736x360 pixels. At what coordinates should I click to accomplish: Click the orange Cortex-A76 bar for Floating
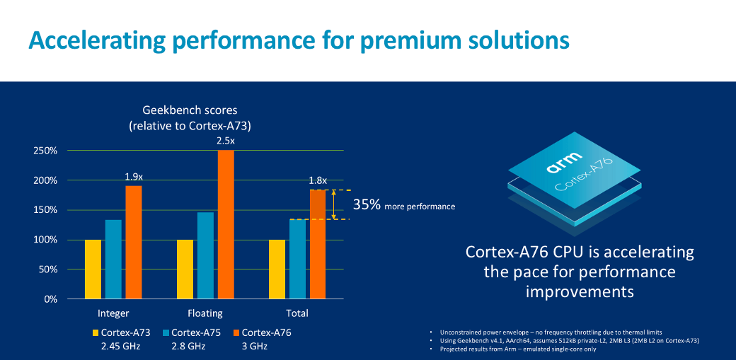226,224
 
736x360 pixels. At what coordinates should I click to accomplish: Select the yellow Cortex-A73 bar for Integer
93,269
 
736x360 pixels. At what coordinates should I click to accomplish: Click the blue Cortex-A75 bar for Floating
205,255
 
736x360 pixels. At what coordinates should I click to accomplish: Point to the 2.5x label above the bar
226,141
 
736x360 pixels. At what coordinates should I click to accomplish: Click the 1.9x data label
134,177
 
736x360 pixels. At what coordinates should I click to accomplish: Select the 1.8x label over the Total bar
317,181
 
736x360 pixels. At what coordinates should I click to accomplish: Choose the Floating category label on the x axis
205,313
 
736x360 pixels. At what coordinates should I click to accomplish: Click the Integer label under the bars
113,313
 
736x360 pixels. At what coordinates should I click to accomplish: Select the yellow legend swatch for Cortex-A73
95,332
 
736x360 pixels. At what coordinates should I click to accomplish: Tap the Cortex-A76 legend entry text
266,332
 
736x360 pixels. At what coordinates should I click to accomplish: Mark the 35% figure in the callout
367,205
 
